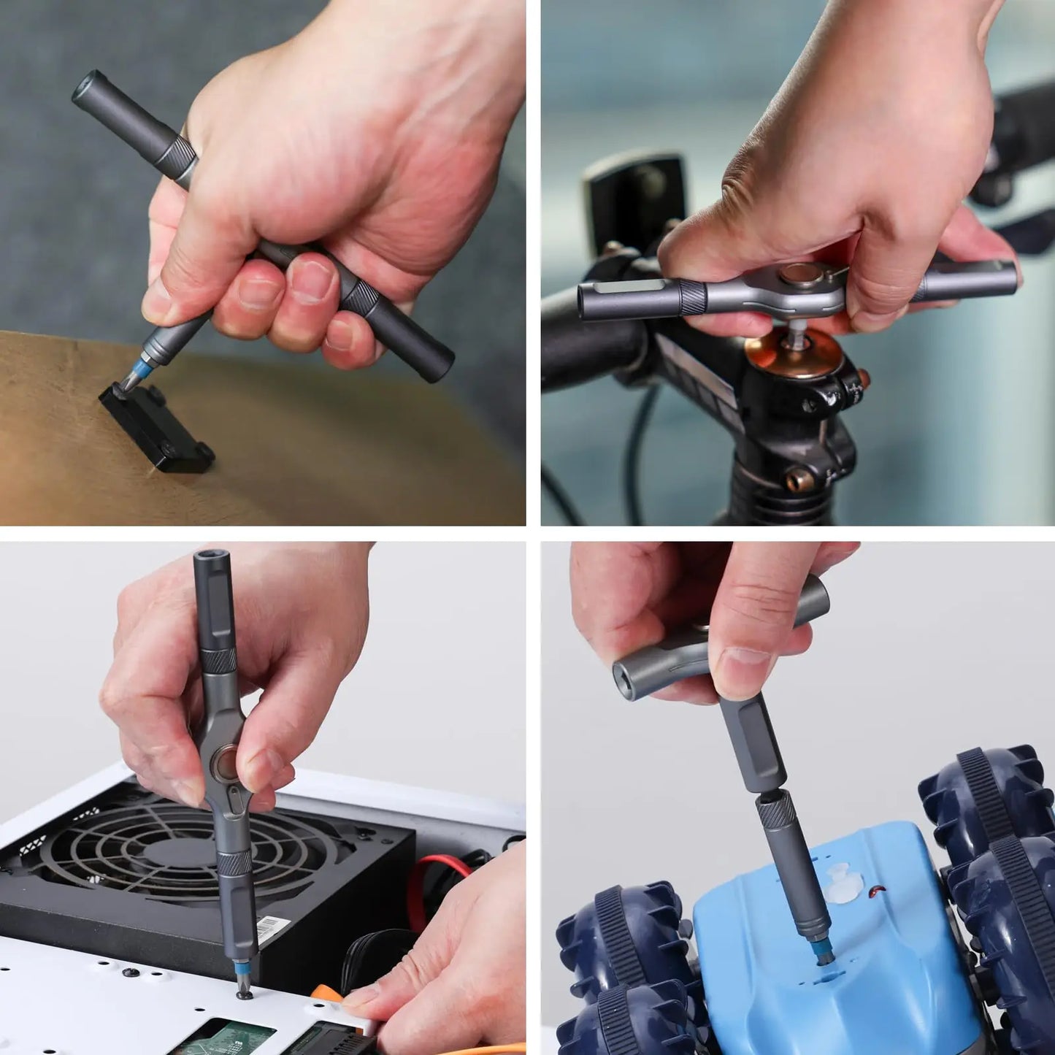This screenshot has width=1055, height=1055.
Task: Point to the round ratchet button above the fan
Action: point(224,767)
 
